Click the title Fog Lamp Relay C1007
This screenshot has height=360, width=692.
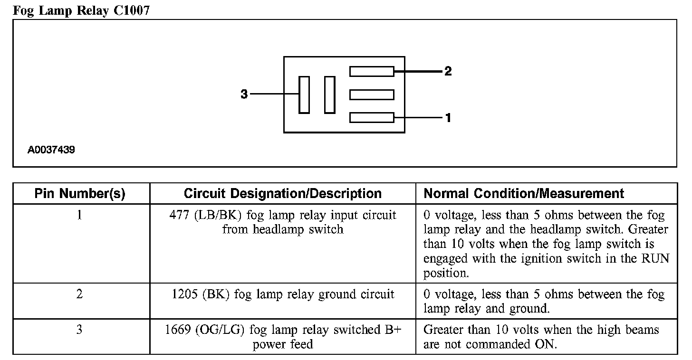point(81,10)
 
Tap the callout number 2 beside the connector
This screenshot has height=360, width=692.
point(448,72)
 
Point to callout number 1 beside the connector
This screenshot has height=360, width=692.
point(448,117)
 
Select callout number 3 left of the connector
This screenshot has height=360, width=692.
point(244,95)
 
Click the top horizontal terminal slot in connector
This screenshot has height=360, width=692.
point(372,72)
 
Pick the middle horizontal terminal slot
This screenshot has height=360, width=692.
point(372,95)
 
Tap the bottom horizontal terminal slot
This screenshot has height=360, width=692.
point(372,117)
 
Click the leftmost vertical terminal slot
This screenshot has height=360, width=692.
point(304,95)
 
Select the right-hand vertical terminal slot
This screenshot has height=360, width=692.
point(329,95)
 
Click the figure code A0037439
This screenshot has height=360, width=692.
point(51,150)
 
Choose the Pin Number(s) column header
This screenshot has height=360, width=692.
point(80,194)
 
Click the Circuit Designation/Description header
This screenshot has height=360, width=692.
point(282,194)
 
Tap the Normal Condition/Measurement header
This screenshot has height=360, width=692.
point(524,194)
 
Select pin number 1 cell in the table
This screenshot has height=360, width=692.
point(79,215)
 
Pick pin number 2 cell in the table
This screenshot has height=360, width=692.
point(79,294)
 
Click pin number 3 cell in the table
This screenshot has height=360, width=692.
point(79,330)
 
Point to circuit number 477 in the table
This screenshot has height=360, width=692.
point(179,215)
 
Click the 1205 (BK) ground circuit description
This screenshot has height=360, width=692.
point(282,294)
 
